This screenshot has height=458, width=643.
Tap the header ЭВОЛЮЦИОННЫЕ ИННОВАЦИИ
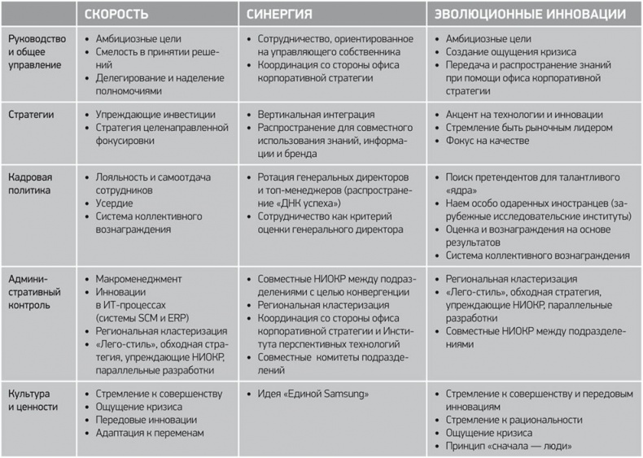pyautogui.click(x=530, y=15)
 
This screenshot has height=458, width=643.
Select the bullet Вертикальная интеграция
pyautogui.click(x=316, y=115)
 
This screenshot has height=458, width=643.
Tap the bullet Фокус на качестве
pyautogui.click(x=487, y=141)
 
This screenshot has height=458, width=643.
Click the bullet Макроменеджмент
pyautogui.click(x=138, y=278)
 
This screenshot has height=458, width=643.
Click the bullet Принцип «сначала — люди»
pyautogui.click(x=510, y=446)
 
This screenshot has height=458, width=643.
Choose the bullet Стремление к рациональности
pyautogui.click(x=514, y=420)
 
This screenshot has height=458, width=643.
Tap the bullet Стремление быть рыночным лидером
pyautogui.click(x=528, y=128)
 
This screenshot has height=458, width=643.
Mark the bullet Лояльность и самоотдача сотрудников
pyautogui.click(x=147, y=183)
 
